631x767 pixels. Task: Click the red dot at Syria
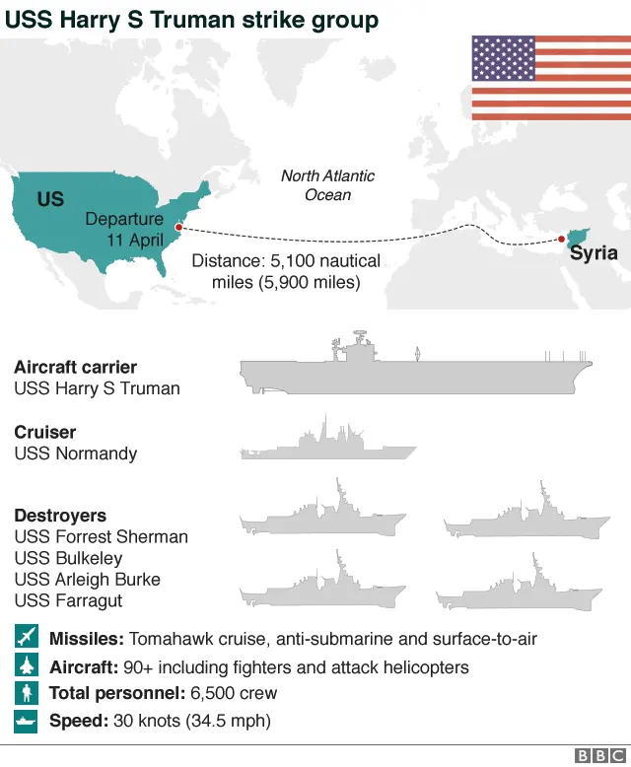(x=561, y=239)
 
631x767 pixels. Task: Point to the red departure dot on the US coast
(x=178, y=229)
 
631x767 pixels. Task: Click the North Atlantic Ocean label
(x=327, y=185)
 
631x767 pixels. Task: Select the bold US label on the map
(x=50, y=200)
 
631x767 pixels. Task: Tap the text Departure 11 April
(x=124, y=230)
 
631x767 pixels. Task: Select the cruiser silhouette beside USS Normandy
(x=326, y=442)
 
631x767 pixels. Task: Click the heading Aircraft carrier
(x=75, y=367)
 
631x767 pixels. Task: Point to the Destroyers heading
(x=60, y=516)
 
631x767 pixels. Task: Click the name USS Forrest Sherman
(x=101, y=537)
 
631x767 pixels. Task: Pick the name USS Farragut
(x=68, y=600)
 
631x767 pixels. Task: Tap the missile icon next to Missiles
(x=26, y=638)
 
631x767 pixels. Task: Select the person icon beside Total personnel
(x=26, y=693)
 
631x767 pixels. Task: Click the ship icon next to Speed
(x=26, y=721)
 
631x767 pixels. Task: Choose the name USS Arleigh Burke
(x=87, y=580)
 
